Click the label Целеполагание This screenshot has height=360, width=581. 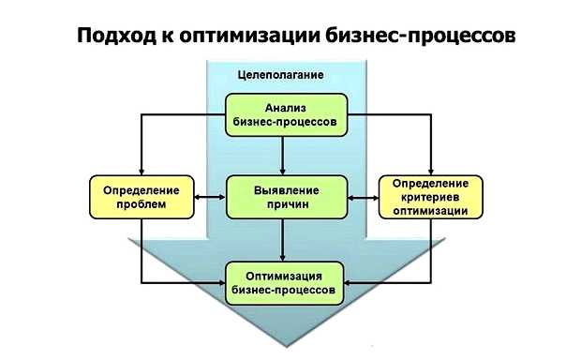tap(278, 74)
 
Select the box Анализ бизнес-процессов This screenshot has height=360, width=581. tap(286, 113)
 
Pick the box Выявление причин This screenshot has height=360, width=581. tap(286, 197)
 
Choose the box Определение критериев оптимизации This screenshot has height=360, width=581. tap(431, 197)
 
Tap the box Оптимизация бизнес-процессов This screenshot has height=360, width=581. tap(286, 283)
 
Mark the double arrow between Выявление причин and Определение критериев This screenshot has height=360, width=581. tap(363, 197)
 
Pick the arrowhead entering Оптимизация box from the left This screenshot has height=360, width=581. tap(220, 282)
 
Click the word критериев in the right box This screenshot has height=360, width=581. tap(431, 197)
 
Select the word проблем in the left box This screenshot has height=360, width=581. tap(141, 204)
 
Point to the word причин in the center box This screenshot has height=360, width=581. tap(286, 204)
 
